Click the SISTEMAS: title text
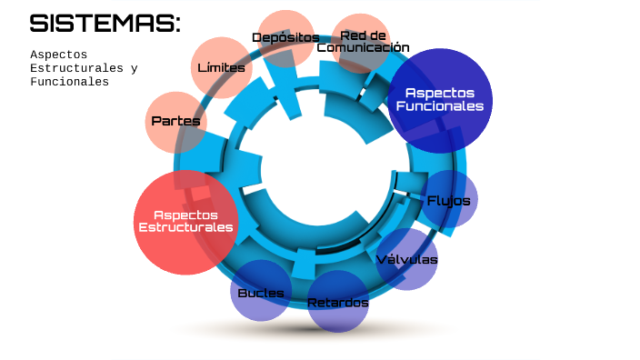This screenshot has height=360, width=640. pos(105,24)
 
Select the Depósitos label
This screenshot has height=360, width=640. pos(285,37)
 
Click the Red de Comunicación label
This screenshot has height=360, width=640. pos(363,42)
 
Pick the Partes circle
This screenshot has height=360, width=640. pos(175,121)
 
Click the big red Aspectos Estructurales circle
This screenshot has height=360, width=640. pos(185,222)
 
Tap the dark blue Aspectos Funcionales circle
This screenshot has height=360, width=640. pos(440,100)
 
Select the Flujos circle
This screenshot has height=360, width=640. pos(449,199)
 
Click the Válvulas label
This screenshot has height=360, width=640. pos(406,260)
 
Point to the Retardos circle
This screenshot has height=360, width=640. pos(338,302)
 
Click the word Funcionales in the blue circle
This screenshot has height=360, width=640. pos(440,106)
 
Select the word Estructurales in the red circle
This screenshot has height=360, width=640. pos(185,227)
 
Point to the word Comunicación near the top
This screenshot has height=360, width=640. pos(363,47)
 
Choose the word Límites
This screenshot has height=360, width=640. pos(221,67)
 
